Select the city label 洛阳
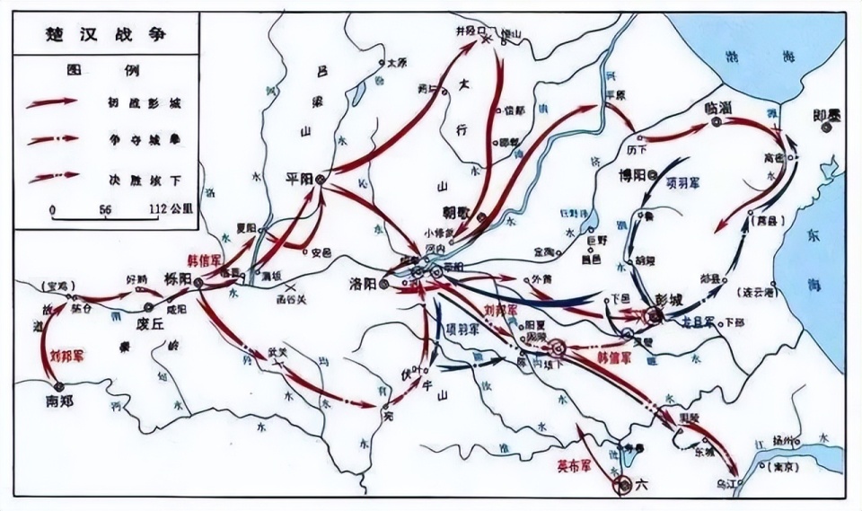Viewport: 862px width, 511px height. (x=362, y=282)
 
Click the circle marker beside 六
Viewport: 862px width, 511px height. (x=622, y=486)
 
